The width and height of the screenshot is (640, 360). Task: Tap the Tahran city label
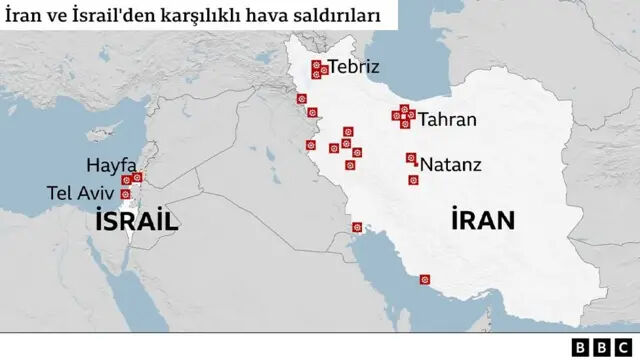point(447,120)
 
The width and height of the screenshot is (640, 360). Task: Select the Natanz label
point(451,163)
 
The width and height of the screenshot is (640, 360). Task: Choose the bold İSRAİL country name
point(136,222)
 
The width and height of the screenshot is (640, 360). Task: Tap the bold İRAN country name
point(483,220)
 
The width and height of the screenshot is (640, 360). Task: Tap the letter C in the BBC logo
point(621,346)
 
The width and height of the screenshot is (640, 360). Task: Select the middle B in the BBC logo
point(602,346)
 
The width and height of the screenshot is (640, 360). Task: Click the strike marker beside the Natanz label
point(411,158)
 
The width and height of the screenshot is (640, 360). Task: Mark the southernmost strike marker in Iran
point(425,280)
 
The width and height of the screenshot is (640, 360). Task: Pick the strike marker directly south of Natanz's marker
point(413,180)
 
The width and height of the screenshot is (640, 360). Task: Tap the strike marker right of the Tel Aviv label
point(126,193)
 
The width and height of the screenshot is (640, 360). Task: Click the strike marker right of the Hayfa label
point(137,177)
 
